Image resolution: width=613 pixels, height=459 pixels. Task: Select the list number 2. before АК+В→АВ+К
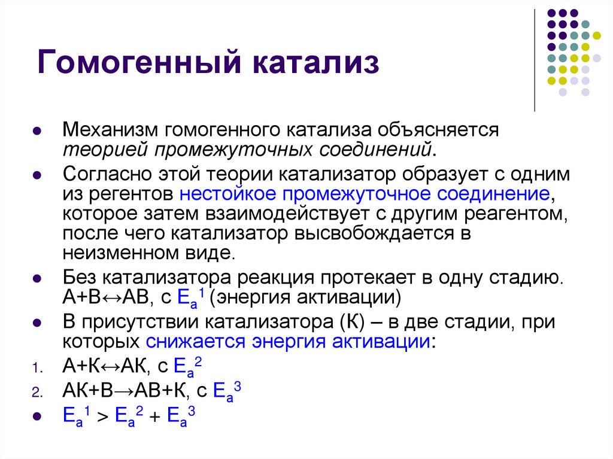pos(35,393)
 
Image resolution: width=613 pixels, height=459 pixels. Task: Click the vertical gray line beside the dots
pos(534,60)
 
